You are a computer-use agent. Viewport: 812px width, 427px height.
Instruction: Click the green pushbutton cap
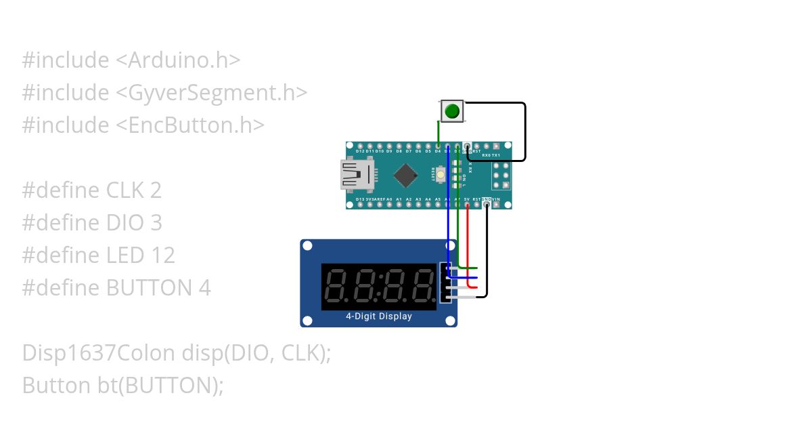(x=452, y=110)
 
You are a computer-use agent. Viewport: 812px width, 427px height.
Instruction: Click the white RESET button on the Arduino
(x=441, y=175)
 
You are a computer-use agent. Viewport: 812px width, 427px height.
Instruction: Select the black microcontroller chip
(x=405, y=175)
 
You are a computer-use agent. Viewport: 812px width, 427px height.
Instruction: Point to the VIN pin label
(x=496, y=199)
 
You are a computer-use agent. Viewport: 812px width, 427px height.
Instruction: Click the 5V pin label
(x=467, y=199)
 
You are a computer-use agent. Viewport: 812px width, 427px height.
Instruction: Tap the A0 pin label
(x=389, y=199)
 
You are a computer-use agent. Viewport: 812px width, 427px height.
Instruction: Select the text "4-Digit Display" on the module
(x=379, y=316)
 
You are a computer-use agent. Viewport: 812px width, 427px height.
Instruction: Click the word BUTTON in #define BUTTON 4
(x=149, y=288)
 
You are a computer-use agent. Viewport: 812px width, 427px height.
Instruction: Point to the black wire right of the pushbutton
(x=524, y=132)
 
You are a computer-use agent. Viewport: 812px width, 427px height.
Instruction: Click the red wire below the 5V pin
(x=468, y=244)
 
